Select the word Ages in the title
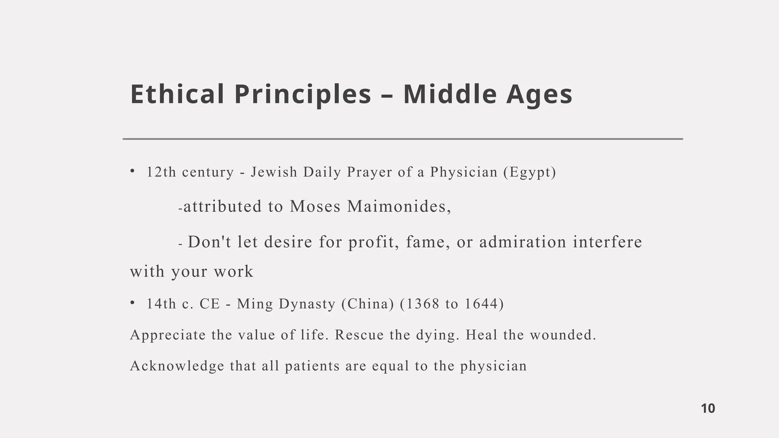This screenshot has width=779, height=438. point(539,95)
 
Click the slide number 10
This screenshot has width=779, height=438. point(708,408)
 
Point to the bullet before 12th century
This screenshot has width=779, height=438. point(132,171)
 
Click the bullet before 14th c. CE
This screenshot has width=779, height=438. point(132,303)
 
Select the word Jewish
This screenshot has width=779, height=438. point(274,172)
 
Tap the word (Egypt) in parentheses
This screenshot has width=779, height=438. point(529,172)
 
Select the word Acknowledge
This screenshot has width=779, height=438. point(177,366)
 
